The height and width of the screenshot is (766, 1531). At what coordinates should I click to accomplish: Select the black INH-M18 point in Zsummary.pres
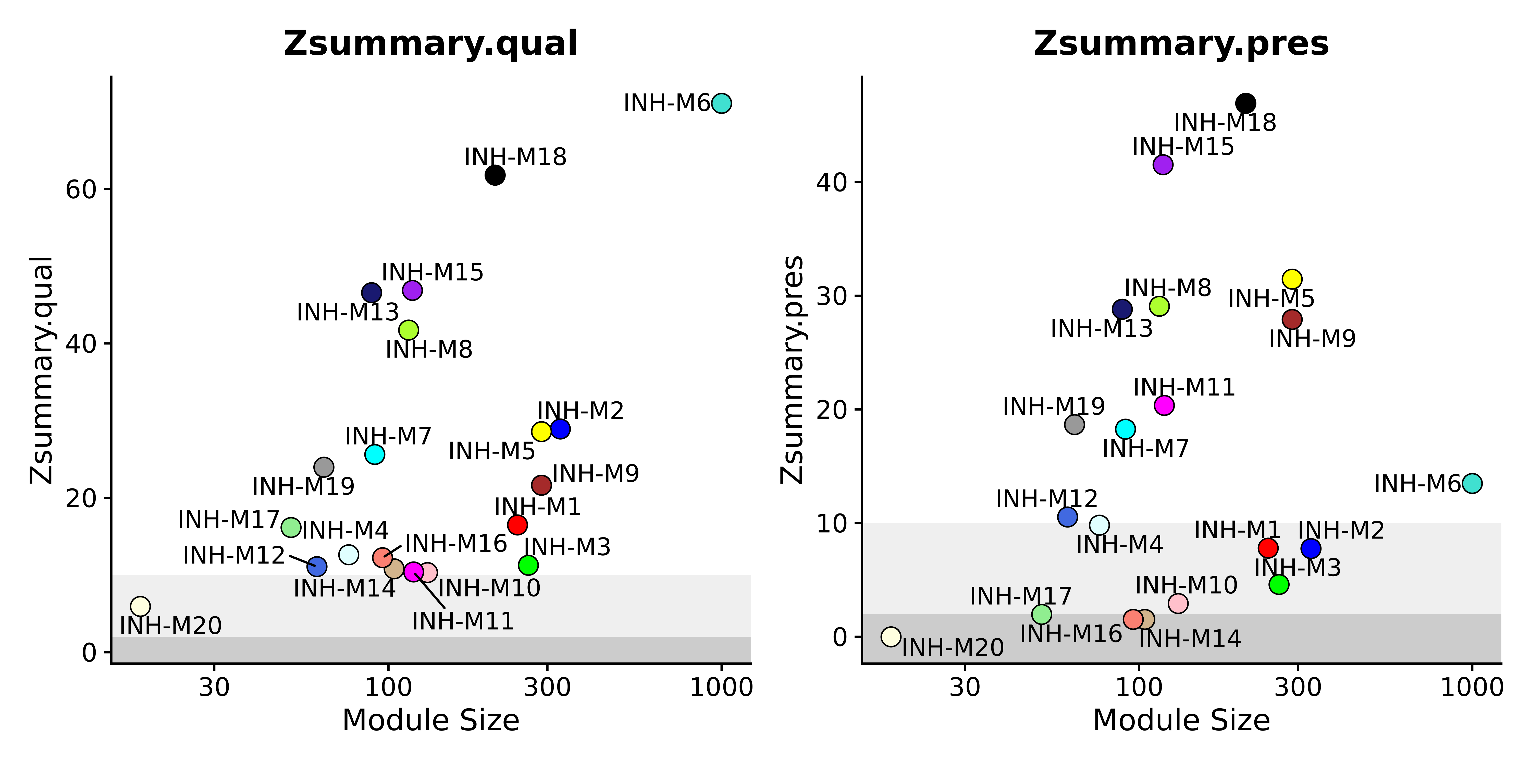pyautogui.click(x=1246, y=103)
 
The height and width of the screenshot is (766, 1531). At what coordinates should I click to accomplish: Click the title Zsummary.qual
pyautogui.click(x=430, y=44)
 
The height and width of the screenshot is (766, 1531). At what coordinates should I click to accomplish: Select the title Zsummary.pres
pyautogui.click(x=1181, y=44)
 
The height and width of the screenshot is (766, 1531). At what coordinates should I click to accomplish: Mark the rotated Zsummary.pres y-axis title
pyautogui.click(x=792, y=370)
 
